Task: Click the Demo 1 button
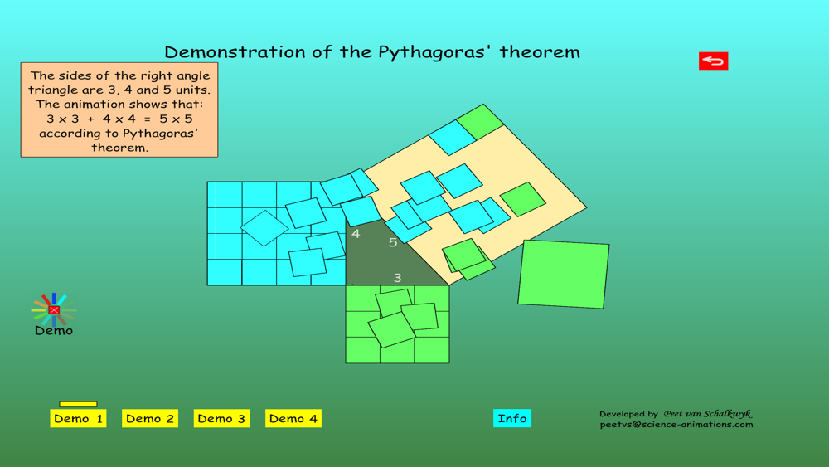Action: tap(78, 418)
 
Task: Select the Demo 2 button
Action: tap(150, 418)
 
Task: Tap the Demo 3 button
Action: tap(221, 418)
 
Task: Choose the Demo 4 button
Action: tap(293, 418)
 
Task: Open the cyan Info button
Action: tap(512, 418)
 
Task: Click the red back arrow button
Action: tap(713, 61)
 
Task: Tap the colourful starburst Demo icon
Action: tap(54, 310)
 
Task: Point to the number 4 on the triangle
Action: tap(356, 234)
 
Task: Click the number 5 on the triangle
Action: tap(393, 242)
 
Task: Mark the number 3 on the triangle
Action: tap(398, 278)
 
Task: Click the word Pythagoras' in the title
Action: tap(436, 52)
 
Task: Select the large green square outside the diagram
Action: tap(564, 274)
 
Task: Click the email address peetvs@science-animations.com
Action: tap(676, 424)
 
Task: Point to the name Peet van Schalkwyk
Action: tap(708, 414)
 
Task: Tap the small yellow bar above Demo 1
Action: tap(78, 405)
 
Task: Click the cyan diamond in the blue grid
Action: tap(264, 228)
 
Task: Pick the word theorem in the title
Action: tap(540, 51)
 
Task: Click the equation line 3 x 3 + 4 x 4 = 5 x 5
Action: tap(119, 119)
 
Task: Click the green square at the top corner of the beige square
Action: tap(480, 122)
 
